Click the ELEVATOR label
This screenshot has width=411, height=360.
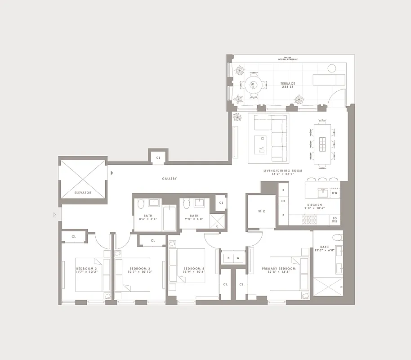pos(83,193)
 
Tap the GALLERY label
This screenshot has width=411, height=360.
pos(170,179)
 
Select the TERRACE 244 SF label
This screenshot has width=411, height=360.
pos(288,85)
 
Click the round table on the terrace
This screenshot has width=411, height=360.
pos(252,84)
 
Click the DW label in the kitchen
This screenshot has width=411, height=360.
pos(334,193)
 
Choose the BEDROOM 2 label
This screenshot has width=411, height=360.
pos(86,270)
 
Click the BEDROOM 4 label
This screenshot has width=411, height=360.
pos(194,270)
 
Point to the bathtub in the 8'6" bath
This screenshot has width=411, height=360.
pos(169,218)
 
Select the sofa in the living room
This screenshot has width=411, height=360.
pos(268,137)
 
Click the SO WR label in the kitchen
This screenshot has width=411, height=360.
pos(335,220)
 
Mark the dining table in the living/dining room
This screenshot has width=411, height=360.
pos(322,144)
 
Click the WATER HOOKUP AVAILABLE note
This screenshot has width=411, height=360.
pos(288,58)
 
